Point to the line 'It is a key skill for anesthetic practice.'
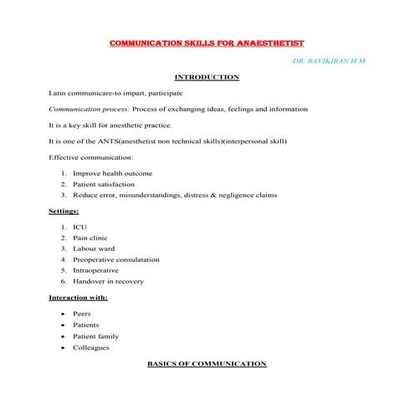coord(110,125)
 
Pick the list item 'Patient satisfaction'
coord(104,184)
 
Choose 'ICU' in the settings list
coord(79,227)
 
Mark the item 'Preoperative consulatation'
coord(115,260)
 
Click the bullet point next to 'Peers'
coord(64,314)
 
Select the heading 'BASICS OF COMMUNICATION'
coord(207,364)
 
